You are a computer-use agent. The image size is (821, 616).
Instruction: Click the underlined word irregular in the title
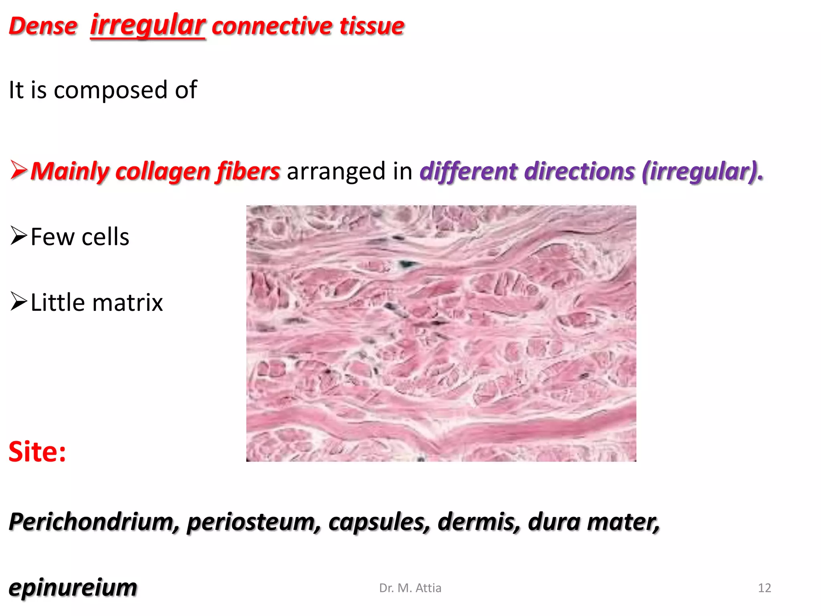(148, 25)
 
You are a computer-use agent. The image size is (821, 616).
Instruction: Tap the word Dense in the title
(43, 26)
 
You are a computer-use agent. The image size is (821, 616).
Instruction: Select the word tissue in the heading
(372, 26)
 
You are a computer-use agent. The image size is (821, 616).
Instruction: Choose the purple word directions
(579, 171)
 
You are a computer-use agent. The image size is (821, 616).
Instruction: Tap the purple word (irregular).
(702, 171)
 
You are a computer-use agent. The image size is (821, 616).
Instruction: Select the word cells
(105, 237)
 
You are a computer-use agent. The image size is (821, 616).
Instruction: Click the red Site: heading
(37, 452)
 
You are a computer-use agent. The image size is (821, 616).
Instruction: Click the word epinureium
(73, 588)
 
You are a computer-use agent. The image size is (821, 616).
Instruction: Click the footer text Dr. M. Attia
(410, 588)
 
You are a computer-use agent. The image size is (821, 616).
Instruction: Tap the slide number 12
(764, 588)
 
